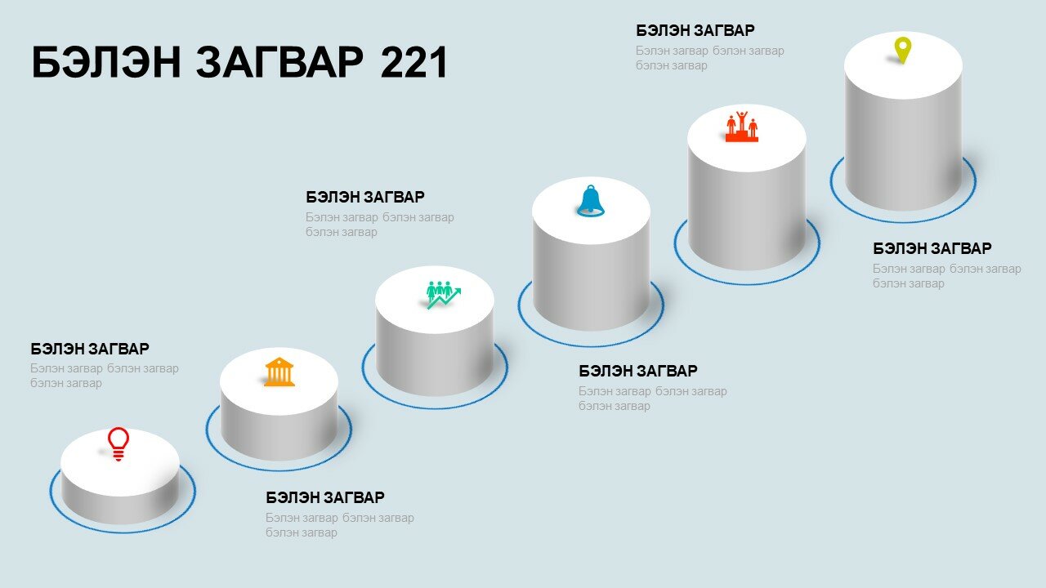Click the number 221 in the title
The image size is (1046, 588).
414,62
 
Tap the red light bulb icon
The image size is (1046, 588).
118,444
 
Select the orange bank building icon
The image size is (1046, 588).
279,372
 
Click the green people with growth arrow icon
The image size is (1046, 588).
443,295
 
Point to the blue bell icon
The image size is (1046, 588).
591,201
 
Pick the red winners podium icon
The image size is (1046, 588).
741,127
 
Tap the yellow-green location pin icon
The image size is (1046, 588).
903,51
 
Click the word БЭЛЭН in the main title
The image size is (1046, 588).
106,62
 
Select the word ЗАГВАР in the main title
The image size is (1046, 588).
279,62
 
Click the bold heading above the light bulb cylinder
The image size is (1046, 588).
90,349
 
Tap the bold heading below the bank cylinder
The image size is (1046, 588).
325,497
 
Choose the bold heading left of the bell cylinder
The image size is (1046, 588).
365,197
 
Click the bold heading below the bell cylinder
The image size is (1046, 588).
638,371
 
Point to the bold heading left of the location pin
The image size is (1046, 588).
695,30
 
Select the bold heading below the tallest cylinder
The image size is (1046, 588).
932,248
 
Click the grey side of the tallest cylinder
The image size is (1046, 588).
904,154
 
